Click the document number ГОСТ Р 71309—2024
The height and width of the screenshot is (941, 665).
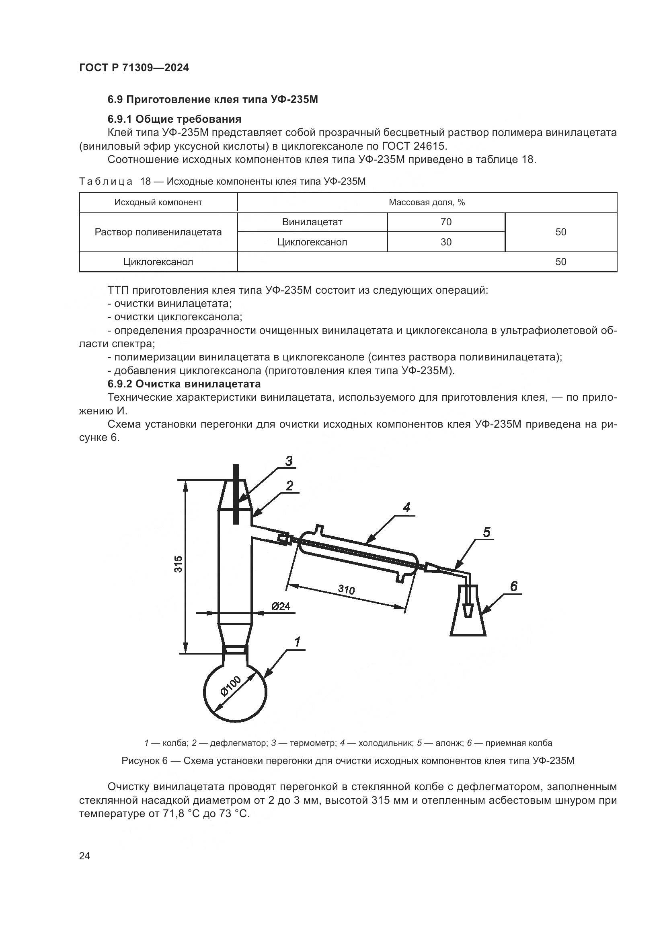[x=134, y=68]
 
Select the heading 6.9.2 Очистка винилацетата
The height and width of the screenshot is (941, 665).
[x=184, y=384]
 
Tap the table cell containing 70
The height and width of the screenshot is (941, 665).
[x=446, y=222]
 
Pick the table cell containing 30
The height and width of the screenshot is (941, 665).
[x=446, y=242]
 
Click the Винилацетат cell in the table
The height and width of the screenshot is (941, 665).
[x=312, y=222]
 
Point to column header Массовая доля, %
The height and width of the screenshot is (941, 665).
[x=427, y=202]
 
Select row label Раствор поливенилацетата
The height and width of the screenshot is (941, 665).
[x=158, y=232]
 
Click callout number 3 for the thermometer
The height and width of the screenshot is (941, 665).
[x=289, y=461]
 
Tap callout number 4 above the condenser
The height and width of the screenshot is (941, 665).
[x=406, y=508]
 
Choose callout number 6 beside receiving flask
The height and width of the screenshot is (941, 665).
[x=513, y=587]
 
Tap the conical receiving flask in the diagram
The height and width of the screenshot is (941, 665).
[x=468, y=623]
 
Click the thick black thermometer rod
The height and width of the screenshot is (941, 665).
[x=236, y=494]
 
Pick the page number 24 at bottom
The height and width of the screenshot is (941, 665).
[x=84, y=856]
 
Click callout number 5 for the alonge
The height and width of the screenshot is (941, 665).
[x=486, y=532]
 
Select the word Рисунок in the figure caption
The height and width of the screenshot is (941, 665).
[x=141, y=761]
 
